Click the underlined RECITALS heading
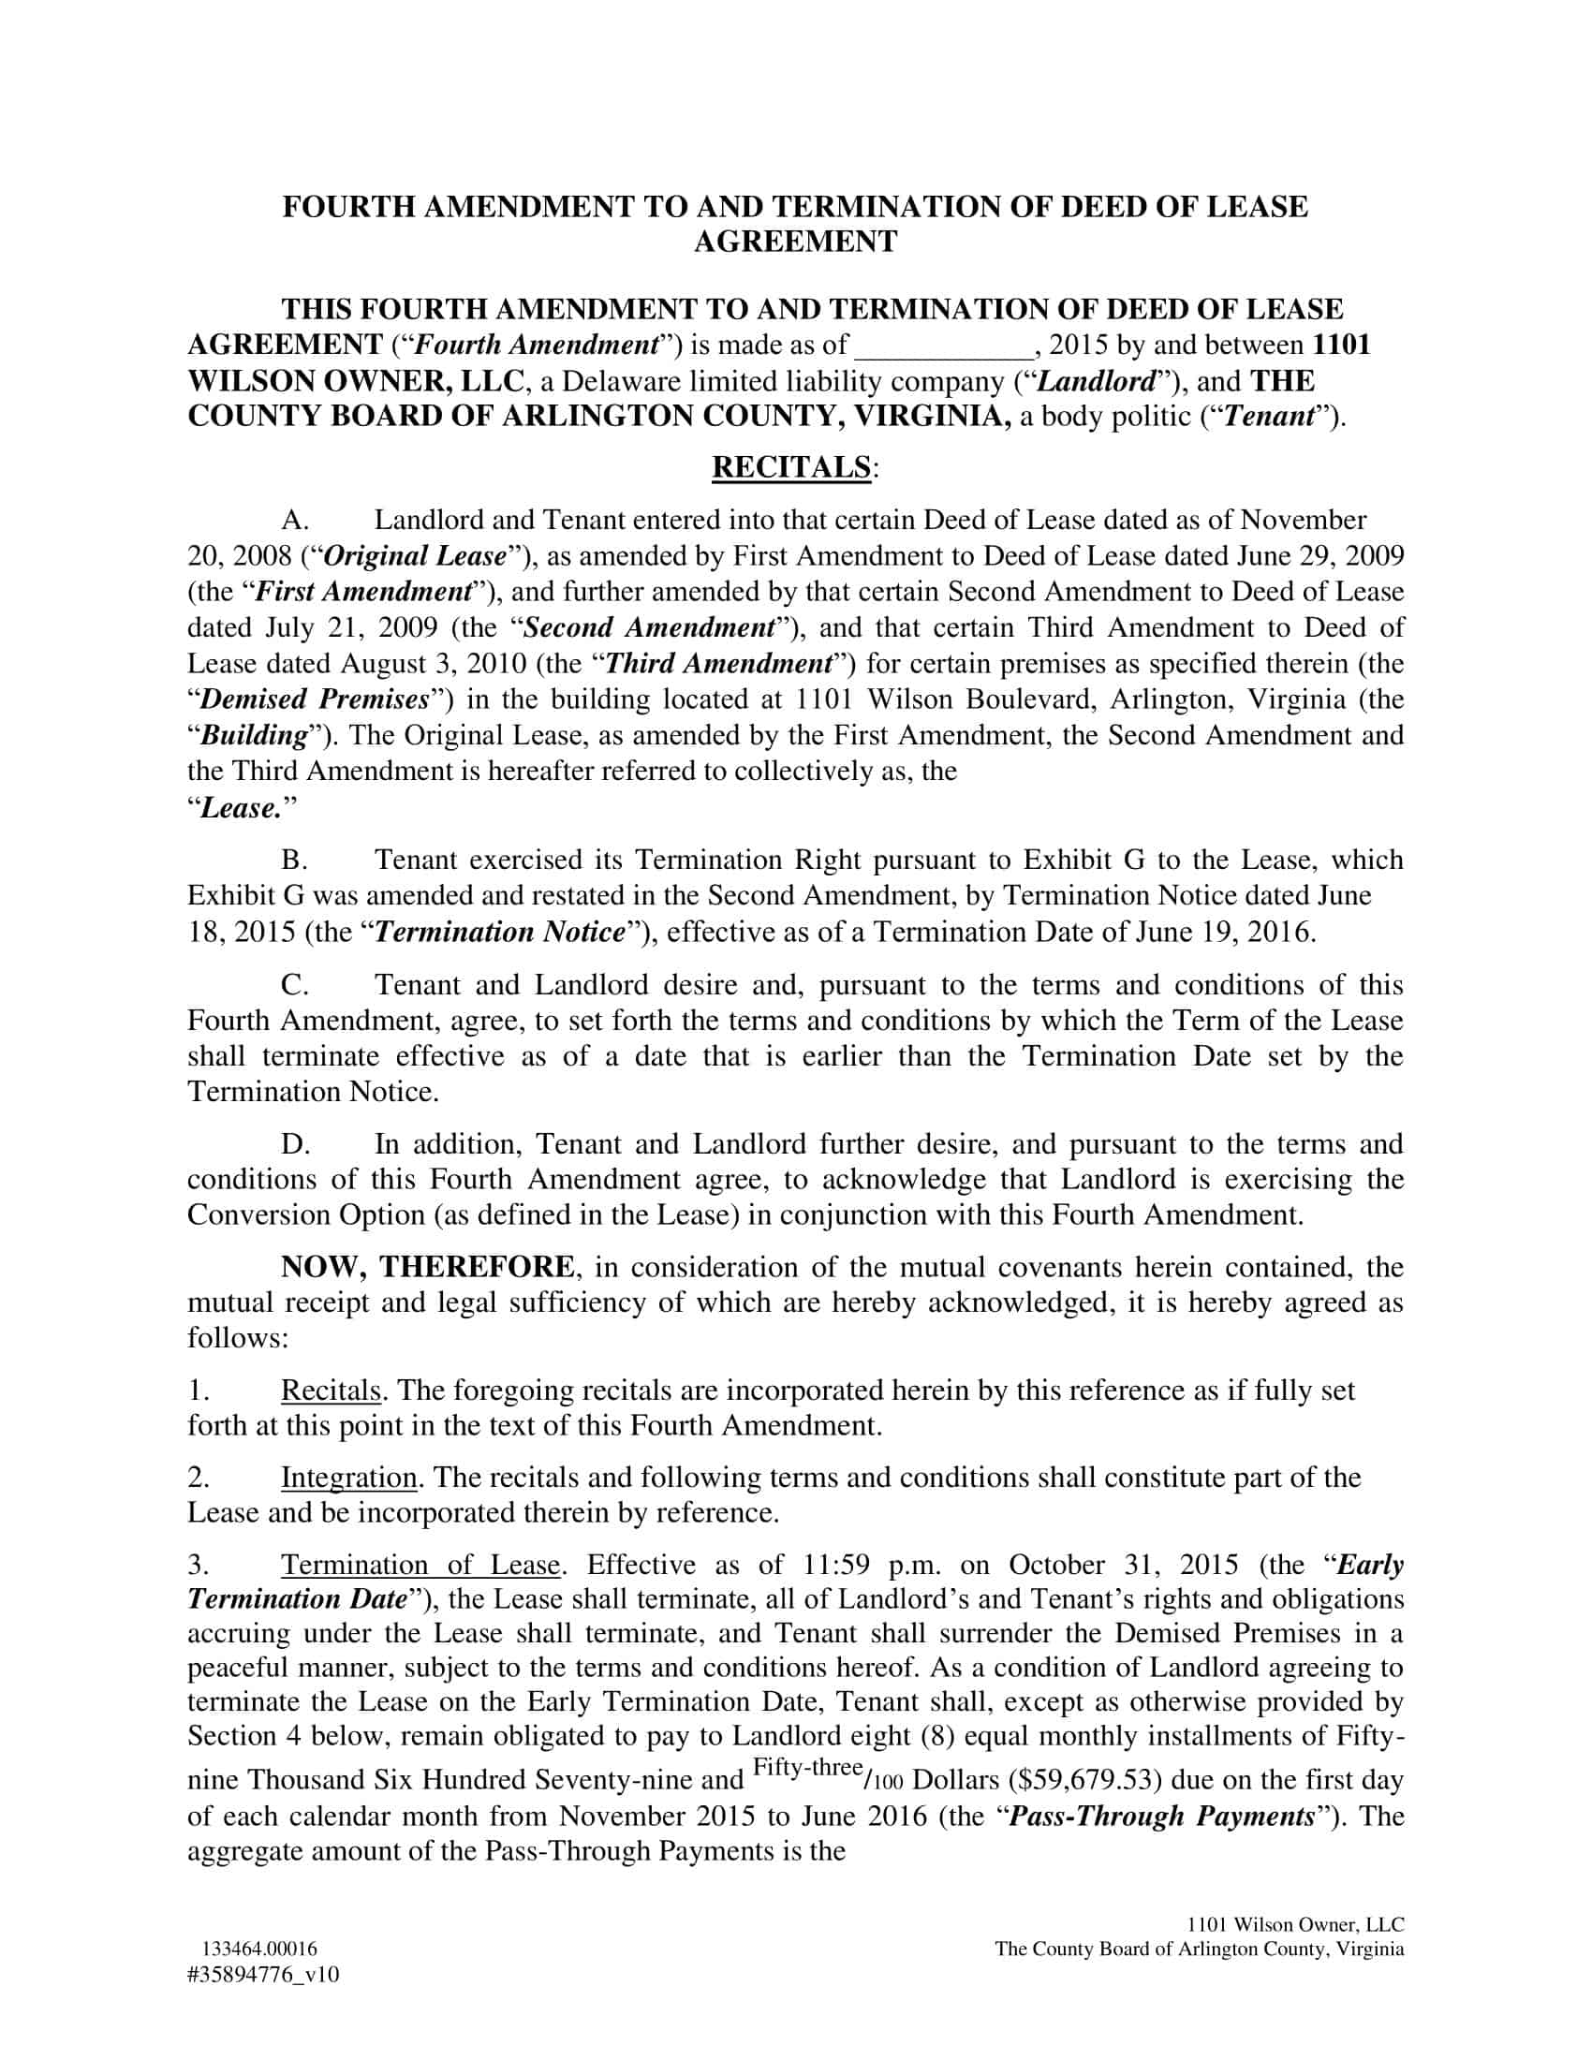point(790,467)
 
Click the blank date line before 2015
point(943,346)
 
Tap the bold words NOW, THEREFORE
point(426,1267)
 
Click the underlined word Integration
point(349,1477)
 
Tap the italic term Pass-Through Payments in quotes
point(1162,1816)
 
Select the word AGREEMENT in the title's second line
point(795,242)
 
